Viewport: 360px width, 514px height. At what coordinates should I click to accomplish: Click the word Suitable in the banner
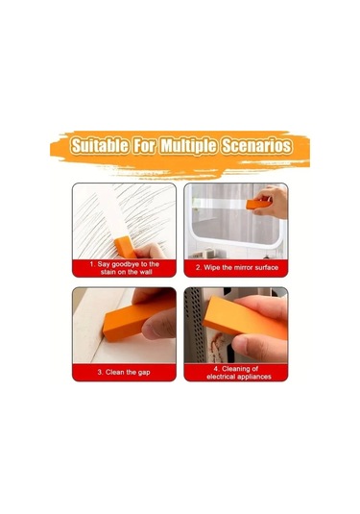tap(100, 145)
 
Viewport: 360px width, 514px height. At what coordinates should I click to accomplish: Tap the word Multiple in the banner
tap(188, 146)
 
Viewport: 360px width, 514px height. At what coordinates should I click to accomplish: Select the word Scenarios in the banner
tap(256, 145)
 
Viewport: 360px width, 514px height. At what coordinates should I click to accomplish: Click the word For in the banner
tap(144, 145)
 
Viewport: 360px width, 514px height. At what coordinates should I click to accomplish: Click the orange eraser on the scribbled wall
tap(125, 247)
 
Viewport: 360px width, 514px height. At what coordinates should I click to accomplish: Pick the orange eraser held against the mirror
tap(259, 205)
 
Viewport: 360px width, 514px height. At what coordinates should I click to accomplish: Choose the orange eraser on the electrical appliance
tap(244, 317)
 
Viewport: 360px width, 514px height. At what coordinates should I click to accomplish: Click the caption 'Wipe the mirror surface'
tap(237, 267)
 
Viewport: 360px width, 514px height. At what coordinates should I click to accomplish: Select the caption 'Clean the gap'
tap(124, 372)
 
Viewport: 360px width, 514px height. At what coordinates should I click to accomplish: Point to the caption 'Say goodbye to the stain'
tap(124, 268)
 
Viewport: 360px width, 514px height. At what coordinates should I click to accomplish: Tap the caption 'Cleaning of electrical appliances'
tap(239, 373)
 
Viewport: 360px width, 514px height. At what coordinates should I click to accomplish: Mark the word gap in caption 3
tap(144, 373)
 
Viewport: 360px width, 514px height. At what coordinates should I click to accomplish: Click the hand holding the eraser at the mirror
tap(272, 202)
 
